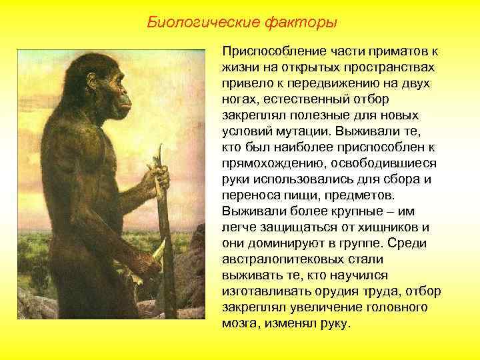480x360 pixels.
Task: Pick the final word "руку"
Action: [x=333, y=323]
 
